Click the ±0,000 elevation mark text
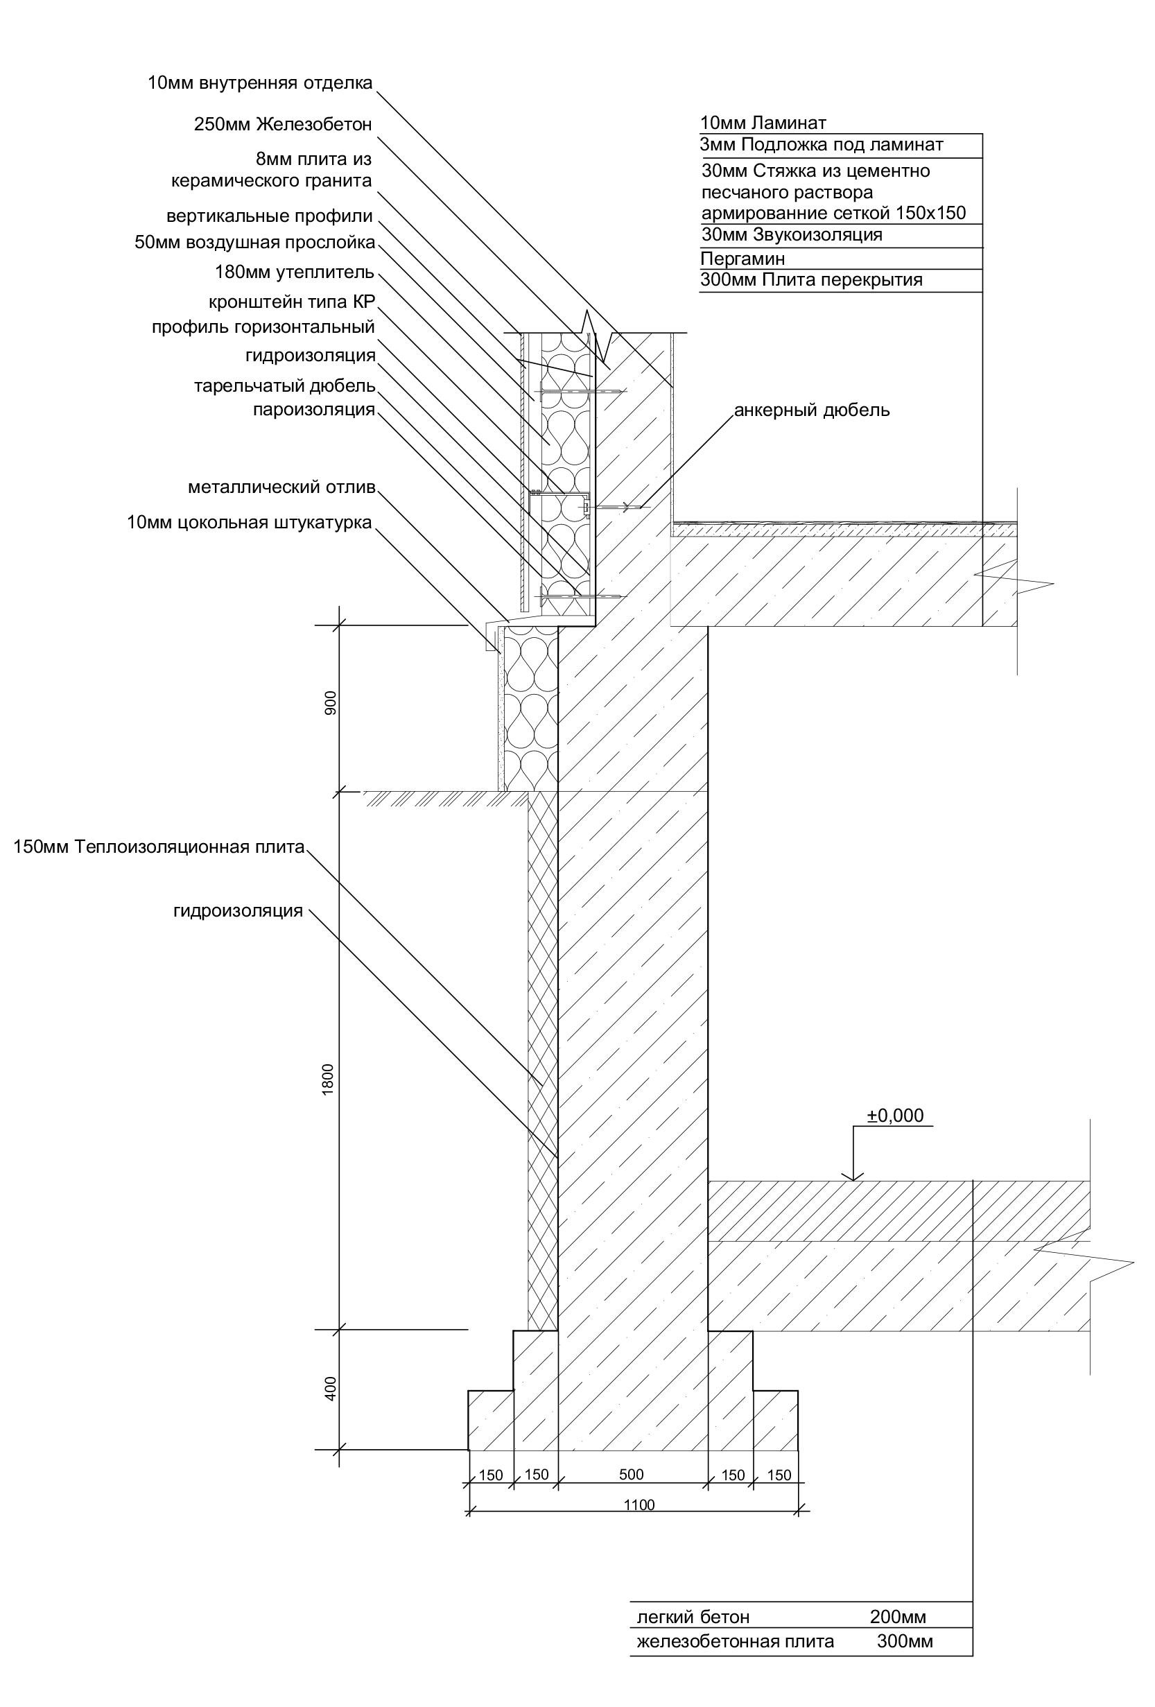pyautogui.click(x=895, y=1116)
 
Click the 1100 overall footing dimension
pyautogui.click(x=639, y=1505)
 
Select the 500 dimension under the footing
pyautogui.click(x=631, y=1474)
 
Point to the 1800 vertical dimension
pyautogui.click(x=328, y=1080)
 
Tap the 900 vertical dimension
pyautogui.click(x=330, y=704)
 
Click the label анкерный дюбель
pyautogui.click(x=812, y=410)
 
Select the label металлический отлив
pyautogui.click(x=282, y=487)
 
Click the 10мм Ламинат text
pyautogui.click(x=763, y=123)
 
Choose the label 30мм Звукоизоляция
pyautogui.click(x=792, y=235)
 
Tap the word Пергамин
pyautogui.click(x=742, y=259)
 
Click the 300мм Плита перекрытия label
pyautogui.click(x=811, y=280)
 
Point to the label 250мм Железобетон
pyautogui.click(x=284, y=125)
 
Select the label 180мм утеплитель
pyautogui.click(x=295, y=272)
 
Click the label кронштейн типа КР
pyautogui.click(x=293, y=302)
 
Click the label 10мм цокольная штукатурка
pyautogui.click(x=250, y=522)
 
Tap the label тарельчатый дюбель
pyautogui.click(x=285, y=386)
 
